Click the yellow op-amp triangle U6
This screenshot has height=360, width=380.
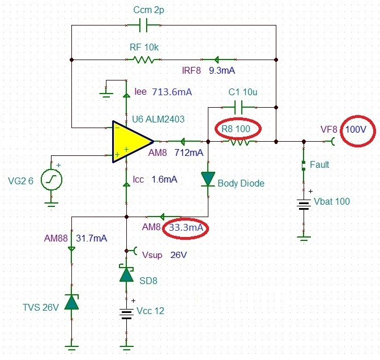click(129, 141)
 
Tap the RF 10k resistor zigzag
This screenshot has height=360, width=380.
click(143, 58)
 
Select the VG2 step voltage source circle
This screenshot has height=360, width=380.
click(51, 180)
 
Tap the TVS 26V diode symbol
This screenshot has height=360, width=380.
click(71, 302)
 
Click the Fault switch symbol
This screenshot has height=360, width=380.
click(305, 166)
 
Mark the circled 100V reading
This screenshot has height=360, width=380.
click(356, 129)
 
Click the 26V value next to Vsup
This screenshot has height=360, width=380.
click(178, 255)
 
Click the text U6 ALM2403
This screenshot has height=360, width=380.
click(159, 119)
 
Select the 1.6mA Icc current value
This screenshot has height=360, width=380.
click(164, 179)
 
